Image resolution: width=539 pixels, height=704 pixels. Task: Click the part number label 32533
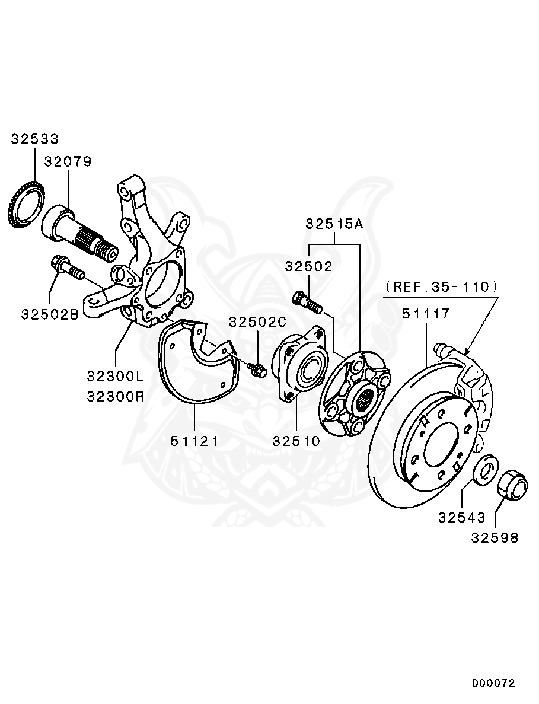point(35,139)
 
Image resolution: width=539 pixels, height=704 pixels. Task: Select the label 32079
point(68,162)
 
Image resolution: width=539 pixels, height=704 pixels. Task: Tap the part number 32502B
point(50,314)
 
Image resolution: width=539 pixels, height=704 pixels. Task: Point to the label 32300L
point(116,377)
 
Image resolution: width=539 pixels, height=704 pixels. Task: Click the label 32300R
point(116,396)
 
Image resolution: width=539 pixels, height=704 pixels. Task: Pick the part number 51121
point(194,441)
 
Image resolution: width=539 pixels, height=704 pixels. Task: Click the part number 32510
point(296,441)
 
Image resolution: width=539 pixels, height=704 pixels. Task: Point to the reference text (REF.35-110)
point(442,287)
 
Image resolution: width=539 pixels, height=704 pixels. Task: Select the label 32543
point(462,517)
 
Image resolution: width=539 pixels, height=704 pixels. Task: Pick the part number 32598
point(495,538)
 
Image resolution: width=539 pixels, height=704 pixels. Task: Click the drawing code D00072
point(493,683)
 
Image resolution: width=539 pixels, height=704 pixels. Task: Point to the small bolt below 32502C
point(257,371)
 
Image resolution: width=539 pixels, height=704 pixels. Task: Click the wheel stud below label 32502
point(307,301)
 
